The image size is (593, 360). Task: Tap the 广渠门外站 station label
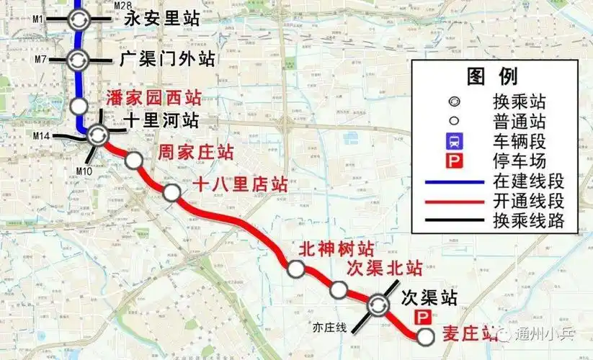coord(169,59)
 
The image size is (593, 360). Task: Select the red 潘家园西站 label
coord(153,98)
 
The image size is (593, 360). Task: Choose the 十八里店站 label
coord(240,184)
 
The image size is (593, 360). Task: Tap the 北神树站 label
coord(336,249)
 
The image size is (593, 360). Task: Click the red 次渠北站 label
coord(384,269)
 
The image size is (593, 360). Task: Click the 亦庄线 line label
coord(330,328)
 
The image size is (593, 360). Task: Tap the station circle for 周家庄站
coord(133,161)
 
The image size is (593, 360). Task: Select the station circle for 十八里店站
coord(171,192)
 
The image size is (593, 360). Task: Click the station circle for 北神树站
coord(295,269)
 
